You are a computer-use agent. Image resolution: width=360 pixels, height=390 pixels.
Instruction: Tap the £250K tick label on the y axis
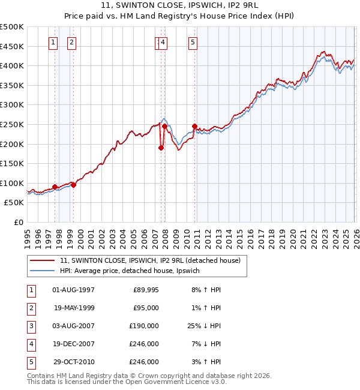pos(13,124)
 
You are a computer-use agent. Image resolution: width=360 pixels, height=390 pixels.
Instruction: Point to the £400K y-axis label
pos(13,65)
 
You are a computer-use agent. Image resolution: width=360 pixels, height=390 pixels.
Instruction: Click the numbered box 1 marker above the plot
pos(53,42)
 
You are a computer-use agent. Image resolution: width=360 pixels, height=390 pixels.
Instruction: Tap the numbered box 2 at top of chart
pos(71,42)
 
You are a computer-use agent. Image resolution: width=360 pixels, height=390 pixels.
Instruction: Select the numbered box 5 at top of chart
pos(193,42)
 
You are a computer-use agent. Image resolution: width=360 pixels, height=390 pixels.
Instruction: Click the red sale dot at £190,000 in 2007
pos(161,148)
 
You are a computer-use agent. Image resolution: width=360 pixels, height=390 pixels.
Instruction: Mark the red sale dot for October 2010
pos(195,126)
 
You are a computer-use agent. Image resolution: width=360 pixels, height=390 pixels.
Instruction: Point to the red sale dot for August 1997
pos(55,187)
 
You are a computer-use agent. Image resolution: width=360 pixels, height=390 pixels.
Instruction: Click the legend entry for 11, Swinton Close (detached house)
pos(150,260)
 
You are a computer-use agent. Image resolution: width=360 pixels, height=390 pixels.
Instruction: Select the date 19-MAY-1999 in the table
pos(74,308)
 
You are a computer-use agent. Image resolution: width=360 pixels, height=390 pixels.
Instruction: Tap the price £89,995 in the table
pos(146,290)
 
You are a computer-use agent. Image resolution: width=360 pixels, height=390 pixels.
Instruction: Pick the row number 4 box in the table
pos(30,344)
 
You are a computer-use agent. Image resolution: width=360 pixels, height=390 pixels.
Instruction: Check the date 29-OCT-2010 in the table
pos(74,362)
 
